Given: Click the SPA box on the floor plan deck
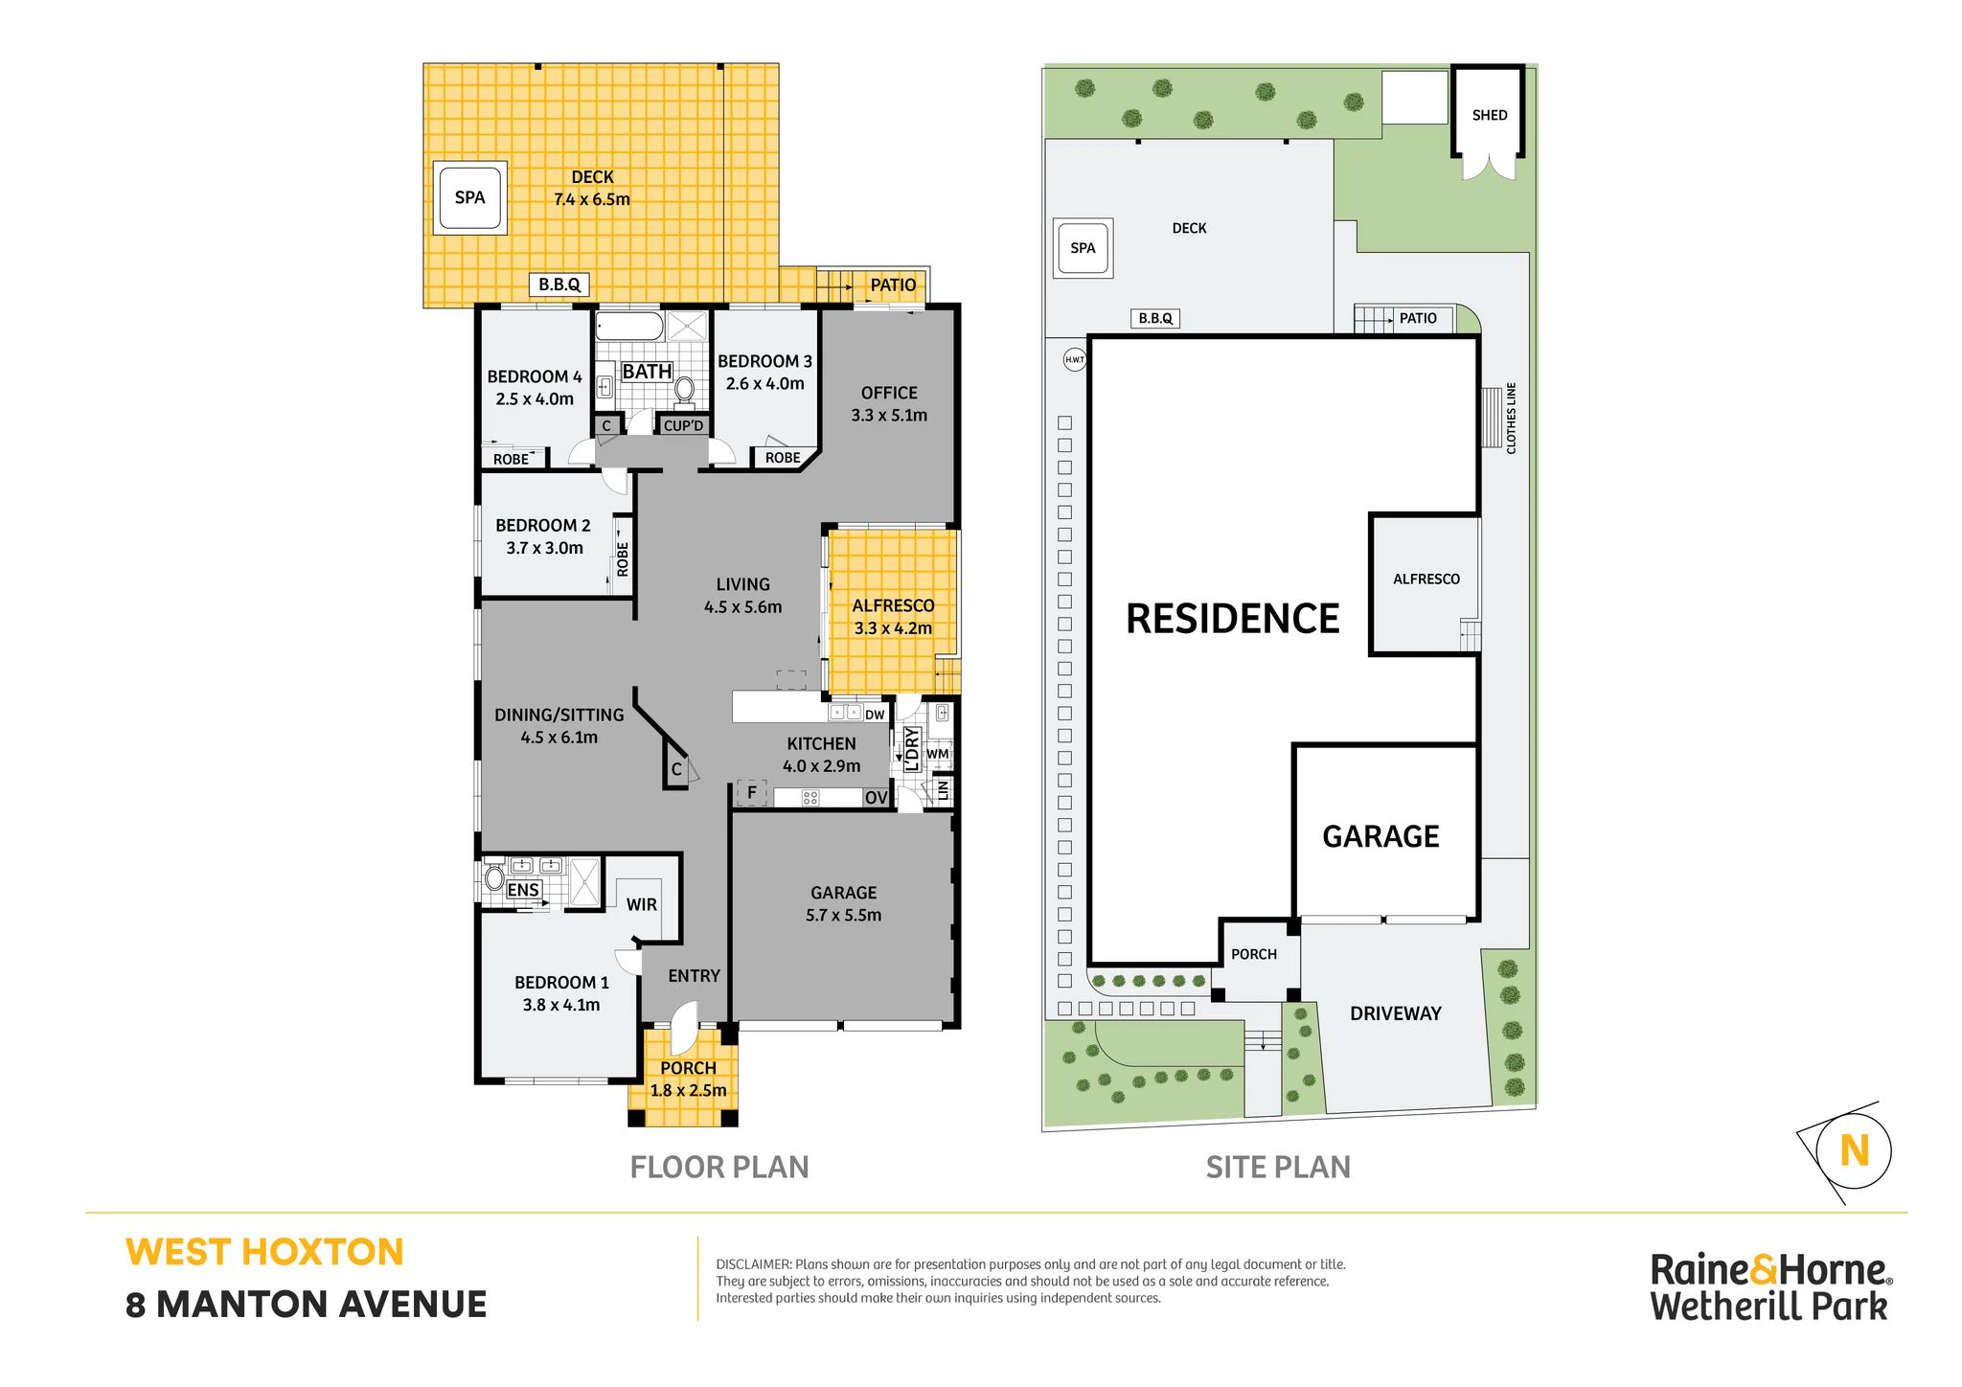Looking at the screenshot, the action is pyautogui.click(x=469, y=197).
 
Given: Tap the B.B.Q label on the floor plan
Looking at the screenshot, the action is pyautogui.click(x=559, y=284).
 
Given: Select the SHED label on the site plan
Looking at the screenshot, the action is pyautogui.click(x=1490, y=115).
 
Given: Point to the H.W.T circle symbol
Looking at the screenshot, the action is pyautogui.click(x=1075, y=360).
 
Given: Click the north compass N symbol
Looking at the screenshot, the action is pyautogui.click(x=1855, y=1150).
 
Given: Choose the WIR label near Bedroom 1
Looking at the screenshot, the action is pyautogui.click(x=642, y=904).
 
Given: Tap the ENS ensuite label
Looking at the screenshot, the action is pyautogui.click(x=523, y=890).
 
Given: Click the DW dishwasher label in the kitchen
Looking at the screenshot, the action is pyautogui.click(x=875, y=715).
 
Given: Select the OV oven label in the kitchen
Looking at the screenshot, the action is pyautogui.click(x=876, y=798).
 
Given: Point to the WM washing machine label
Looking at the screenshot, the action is pyautogui.click(x=938, y=754).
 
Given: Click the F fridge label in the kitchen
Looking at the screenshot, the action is pyautogui.click(x=752, y=792).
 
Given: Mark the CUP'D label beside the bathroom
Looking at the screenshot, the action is pyautogui.click(x=683, y=425).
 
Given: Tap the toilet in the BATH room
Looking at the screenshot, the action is pyautogui.click(x=684, y=388).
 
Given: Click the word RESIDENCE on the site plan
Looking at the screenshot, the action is pyautogui.click(x=1233, y=619).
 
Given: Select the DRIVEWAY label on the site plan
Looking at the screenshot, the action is pyautogui.click(x=1396, y=1013).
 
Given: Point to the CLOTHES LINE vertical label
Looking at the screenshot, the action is pyautogui.click(x=1512, y=418).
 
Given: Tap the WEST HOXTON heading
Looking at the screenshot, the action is pyautogui.click(x=264, y=1252).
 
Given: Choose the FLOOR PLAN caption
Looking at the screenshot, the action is pyautogui.click(x=719, y=1167).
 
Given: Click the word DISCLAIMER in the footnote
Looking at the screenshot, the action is pyautogui.click(x=754, y=1264).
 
